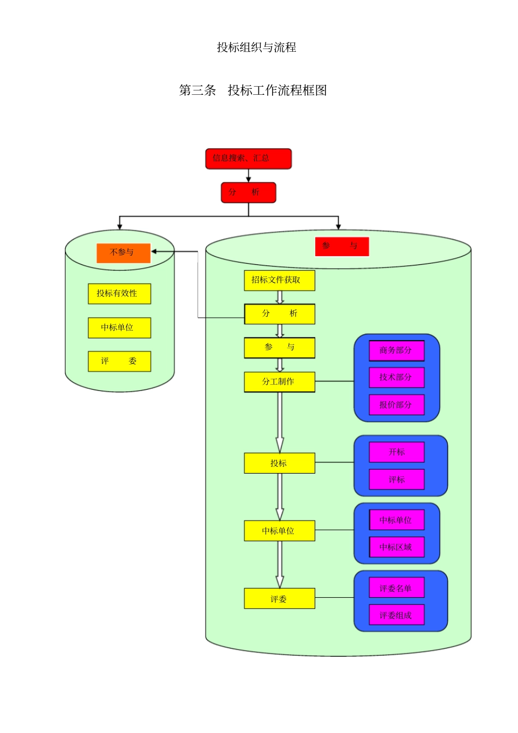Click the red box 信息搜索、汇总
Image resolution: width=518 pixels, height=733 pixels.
click(248, 159)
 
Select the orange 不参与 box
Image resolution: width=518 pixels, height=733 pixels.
click(123, 253)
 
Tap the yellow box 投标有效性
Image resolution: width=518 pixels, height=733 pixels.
click(119, 294)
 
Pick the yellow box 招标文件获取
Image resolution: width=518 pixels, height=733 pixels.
click(279, 280)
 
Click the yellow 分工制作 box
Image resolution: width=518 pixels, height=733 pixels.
click(279, 382)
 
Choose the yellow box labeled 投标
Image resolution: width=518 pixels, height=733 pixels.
click(279, 463)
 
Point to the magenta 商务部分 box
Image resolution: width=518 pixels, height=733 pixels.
click(396, 350)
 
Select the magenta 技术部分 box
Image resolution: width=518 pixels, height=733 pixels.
click(396, 377)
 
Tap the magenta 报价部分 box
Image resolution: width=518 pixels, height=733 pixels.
click(396, 405)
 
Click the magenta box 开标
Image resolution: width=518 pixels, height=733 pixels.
click(396, 452)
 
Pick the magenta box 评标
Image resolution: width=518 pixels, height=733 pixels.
click(396, 480)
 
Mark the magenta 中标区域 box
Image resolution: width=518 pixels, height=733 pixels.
click(396, 547)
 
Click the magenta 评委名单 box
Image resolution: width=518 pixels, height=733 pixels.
click(396, 588)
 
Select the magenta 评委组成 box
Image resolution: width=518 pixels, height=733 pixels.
click(396, 615)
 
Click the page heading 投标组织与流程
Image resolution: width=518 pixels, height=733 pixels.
click(256, 47)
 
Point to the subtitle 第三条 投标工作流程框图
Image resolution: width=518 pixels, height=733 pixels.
click(253, 90)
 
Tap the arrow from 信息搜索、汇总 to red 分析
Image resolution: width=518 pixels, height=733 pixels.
click(249, 175)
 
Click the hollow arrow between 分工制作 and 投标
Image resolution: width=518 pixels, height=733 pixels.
click(280, 422)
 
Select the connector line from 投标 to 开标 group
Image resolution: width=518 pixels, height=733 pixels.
click(334, 463)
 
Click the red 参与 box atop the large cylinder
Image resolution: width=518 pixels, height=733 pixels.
click(342, 246)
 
